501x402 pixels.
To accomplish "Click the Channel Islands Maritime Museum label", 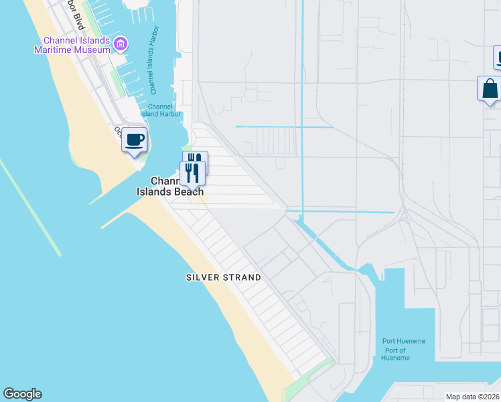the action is (x=73, y=45).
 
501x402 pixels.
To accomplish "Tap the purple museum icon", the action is (x=121, y=45).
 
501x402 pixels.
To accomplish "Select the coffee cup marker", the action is (x=135, y=141).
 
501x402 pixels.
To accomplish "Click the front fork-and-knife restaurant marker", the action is (x=193, y=174).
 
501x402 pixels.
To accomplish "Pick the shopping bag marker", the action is (x=490, y=89).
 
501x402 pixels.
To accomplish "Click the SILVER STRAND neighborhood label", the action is (x=223, y=277).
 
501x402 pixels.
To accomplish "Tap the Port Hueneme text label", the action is (x=404, y=341).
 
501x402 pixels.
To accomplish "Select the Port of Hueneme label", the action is (x=395, y=354).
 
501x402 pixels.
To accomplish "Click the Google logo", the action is (x=22, y=394).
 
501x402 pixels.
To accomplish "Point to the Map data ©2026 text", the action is (x=472, y=397).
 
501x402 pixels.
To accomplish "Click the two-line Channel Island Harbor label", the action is (x=160, y=110).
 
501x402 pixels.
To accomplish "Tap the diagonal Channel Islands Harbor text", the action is (x=157, y=74).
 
